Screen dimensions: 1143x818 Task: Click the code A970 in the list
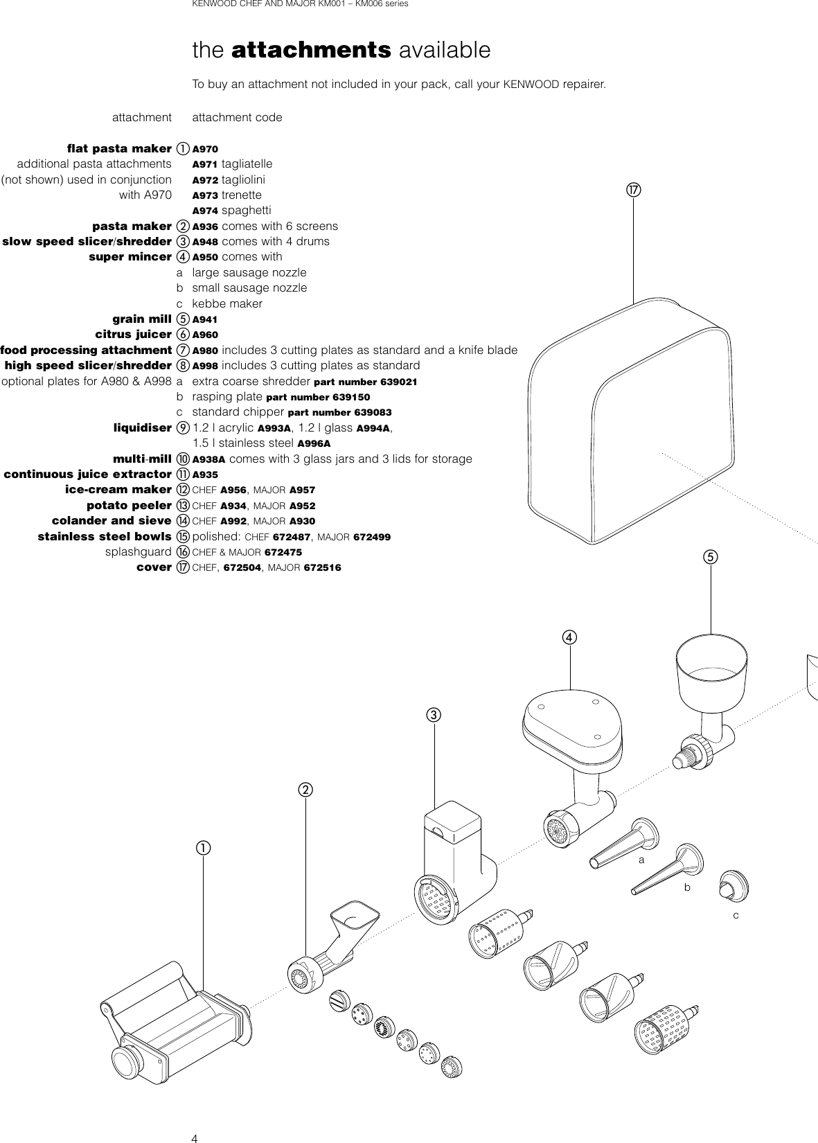[x=204, y=149]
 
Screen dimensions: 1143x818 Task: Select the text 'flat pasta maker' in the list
[x=119, y=148]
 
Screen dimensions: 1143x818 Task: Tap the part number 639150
[x=344, y=398]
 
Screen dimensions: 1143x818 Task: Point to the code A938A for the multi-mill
[x=208, y=459]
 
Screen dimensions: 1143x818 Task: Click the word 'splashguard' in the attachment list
[x=138, y=552]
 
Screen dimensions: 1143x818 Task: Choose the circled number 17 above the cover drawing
[x=633, y=189]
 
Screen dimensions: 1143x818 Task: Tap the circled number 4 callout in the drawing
[x=569, y=636]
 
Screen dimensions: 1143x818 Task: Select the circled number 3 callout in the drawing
[x=434, y=714]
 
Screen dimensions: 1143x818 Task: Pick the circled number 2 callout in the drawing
[x=304, y=789]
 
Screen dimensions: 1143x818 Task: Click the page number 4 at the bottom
[x=195, y=1138]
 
